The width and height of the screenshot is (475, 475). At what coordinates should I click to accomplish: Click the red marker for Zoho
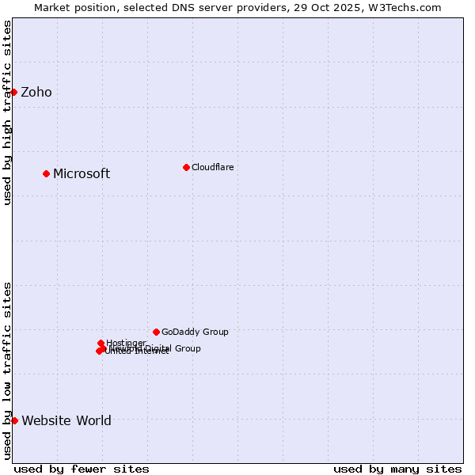tap(13, 92)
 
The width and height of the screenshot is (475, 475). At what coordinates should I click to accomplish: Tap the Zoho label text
tap(36, 93)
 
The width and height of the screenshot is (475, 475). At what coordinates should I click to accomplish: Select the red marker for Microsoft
tap(46, 173)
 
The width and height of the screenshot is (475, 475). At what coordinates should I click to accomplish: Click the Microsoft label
tap(82, 174)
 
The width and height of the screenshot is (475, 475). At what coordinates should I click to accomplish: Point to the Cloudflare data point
tap(186, 167)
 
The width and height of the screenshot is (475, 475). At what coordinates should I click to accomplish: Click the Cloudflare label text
tap(212, 167)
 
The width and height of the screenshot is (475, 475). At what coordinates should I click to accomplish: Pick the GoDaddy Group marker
tap(156, 332)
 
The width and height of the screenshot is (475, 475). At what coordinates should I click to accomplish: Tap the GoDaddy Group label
tap(195, 332)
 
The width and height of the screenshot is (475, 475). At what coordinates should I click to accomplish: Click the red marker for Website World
tap(14, 420)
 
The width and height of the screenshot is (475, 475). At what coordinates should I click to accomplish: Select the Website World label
tap(66, 421)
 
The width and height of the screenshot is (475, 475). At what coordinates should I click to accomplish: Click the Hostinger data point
tap(101, 343)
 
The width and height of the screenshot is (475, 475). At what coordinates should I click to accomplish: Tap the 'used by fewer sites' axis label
tap(82, 469)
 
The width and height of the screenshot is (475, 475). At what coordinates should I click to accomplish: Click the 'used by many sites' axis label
tap(397, 469)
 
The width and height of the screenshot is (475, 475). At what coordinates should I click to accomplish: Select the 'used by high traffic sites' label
tap(7, 112)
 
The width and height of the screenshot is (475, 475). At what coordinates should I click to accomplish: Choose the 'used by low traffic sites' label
tap(7, 370)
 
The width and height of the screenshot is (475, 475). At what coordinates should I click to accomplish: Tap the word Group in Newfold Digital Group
tap(187, 348)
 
